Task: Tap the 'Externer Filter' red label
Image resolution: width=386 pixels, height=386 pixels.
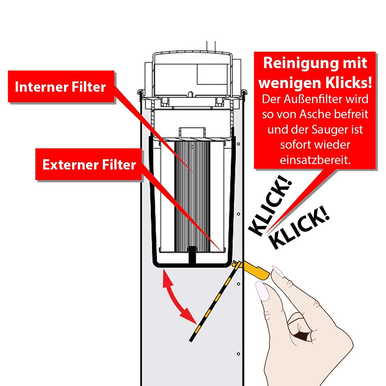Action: point(89,165)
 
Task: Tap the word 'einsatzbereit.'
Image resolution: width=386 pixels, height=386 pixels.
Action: point(315,160)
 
